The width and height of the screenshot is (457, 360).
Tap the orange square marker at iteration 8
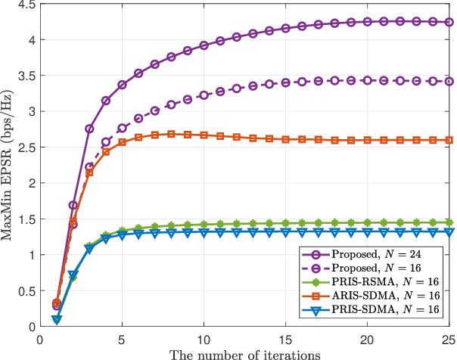point(172,134)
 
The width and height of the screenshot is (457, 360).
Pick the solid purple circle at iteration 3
point(90,129)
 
